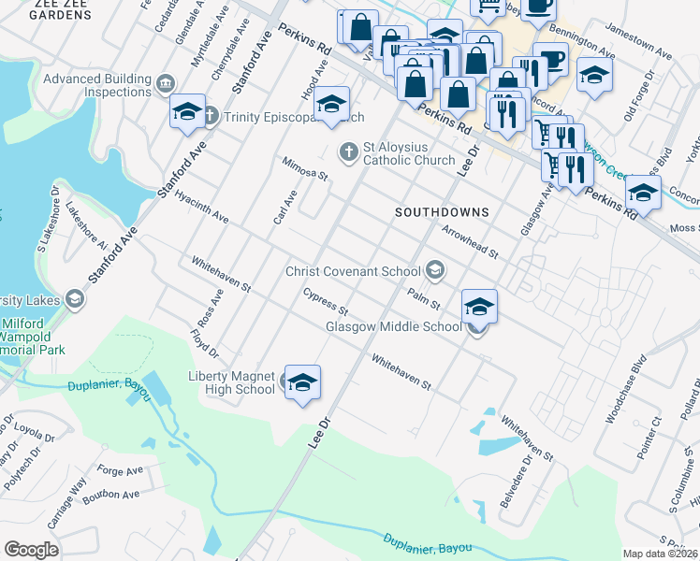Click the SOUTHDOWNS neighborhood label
click(442, 212)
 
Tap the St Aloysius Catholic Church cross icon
click(348, 151)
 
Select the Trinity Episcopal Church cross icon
click(211, 116)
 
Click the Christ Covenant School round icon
click(434, 271)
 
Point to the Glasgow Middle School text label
click(393, 327)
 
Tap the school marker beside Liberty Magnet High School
click(302, 382)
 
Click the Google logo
click(31, 550)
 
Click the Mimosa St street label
click(306, 168)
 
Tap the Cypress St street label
click(325, 302)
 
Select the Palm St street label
click(424, 296)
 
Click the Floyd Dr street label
click(203, 343)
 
